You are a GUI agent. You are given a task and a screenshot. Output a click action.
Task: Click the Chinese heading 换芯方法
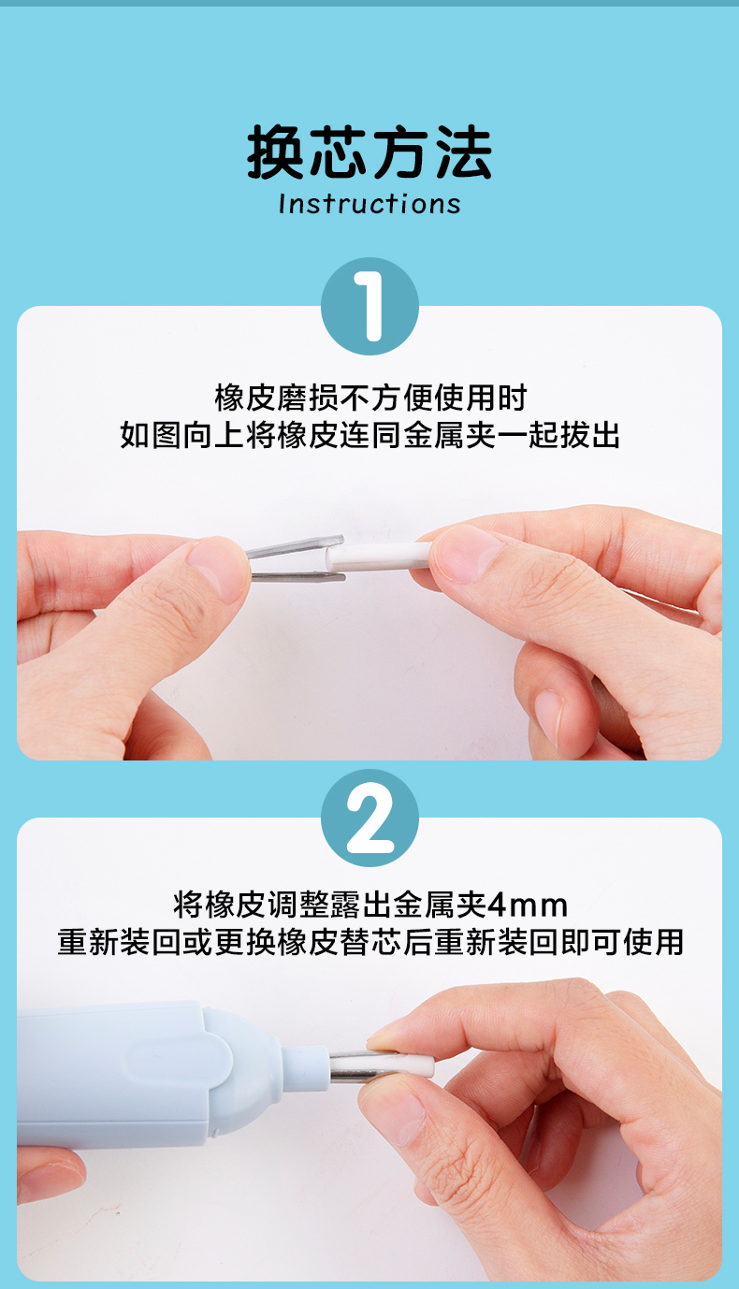click(369, 152)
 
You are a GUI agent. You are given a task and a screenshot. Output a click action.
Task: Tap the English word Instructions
click(369, 204)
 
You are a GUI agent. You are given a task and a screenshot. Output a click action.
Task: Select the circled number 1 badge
click(369, 306)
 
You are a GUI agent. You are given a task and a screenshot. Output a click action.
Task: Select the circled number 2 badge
click(369, 818)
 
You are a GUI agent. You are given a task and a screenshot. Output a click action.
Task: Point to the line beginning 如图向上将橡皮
click(369, 434)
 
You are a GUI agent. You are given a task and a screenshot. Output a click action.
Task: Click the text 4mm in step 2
click(528, 905)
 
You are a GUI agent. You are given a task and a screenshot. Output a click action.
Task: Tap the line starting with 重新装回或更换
click(370, 942)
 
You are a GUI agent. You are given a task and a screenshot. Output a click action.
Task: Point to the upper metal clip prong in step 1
click(295, 546)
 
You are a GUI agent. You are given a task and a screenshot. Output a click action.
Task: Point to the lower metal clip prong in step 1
click(298, 576)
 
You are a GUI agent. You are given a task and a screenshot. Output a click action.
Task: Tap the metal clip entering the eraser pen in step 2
click(354, 1066)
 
